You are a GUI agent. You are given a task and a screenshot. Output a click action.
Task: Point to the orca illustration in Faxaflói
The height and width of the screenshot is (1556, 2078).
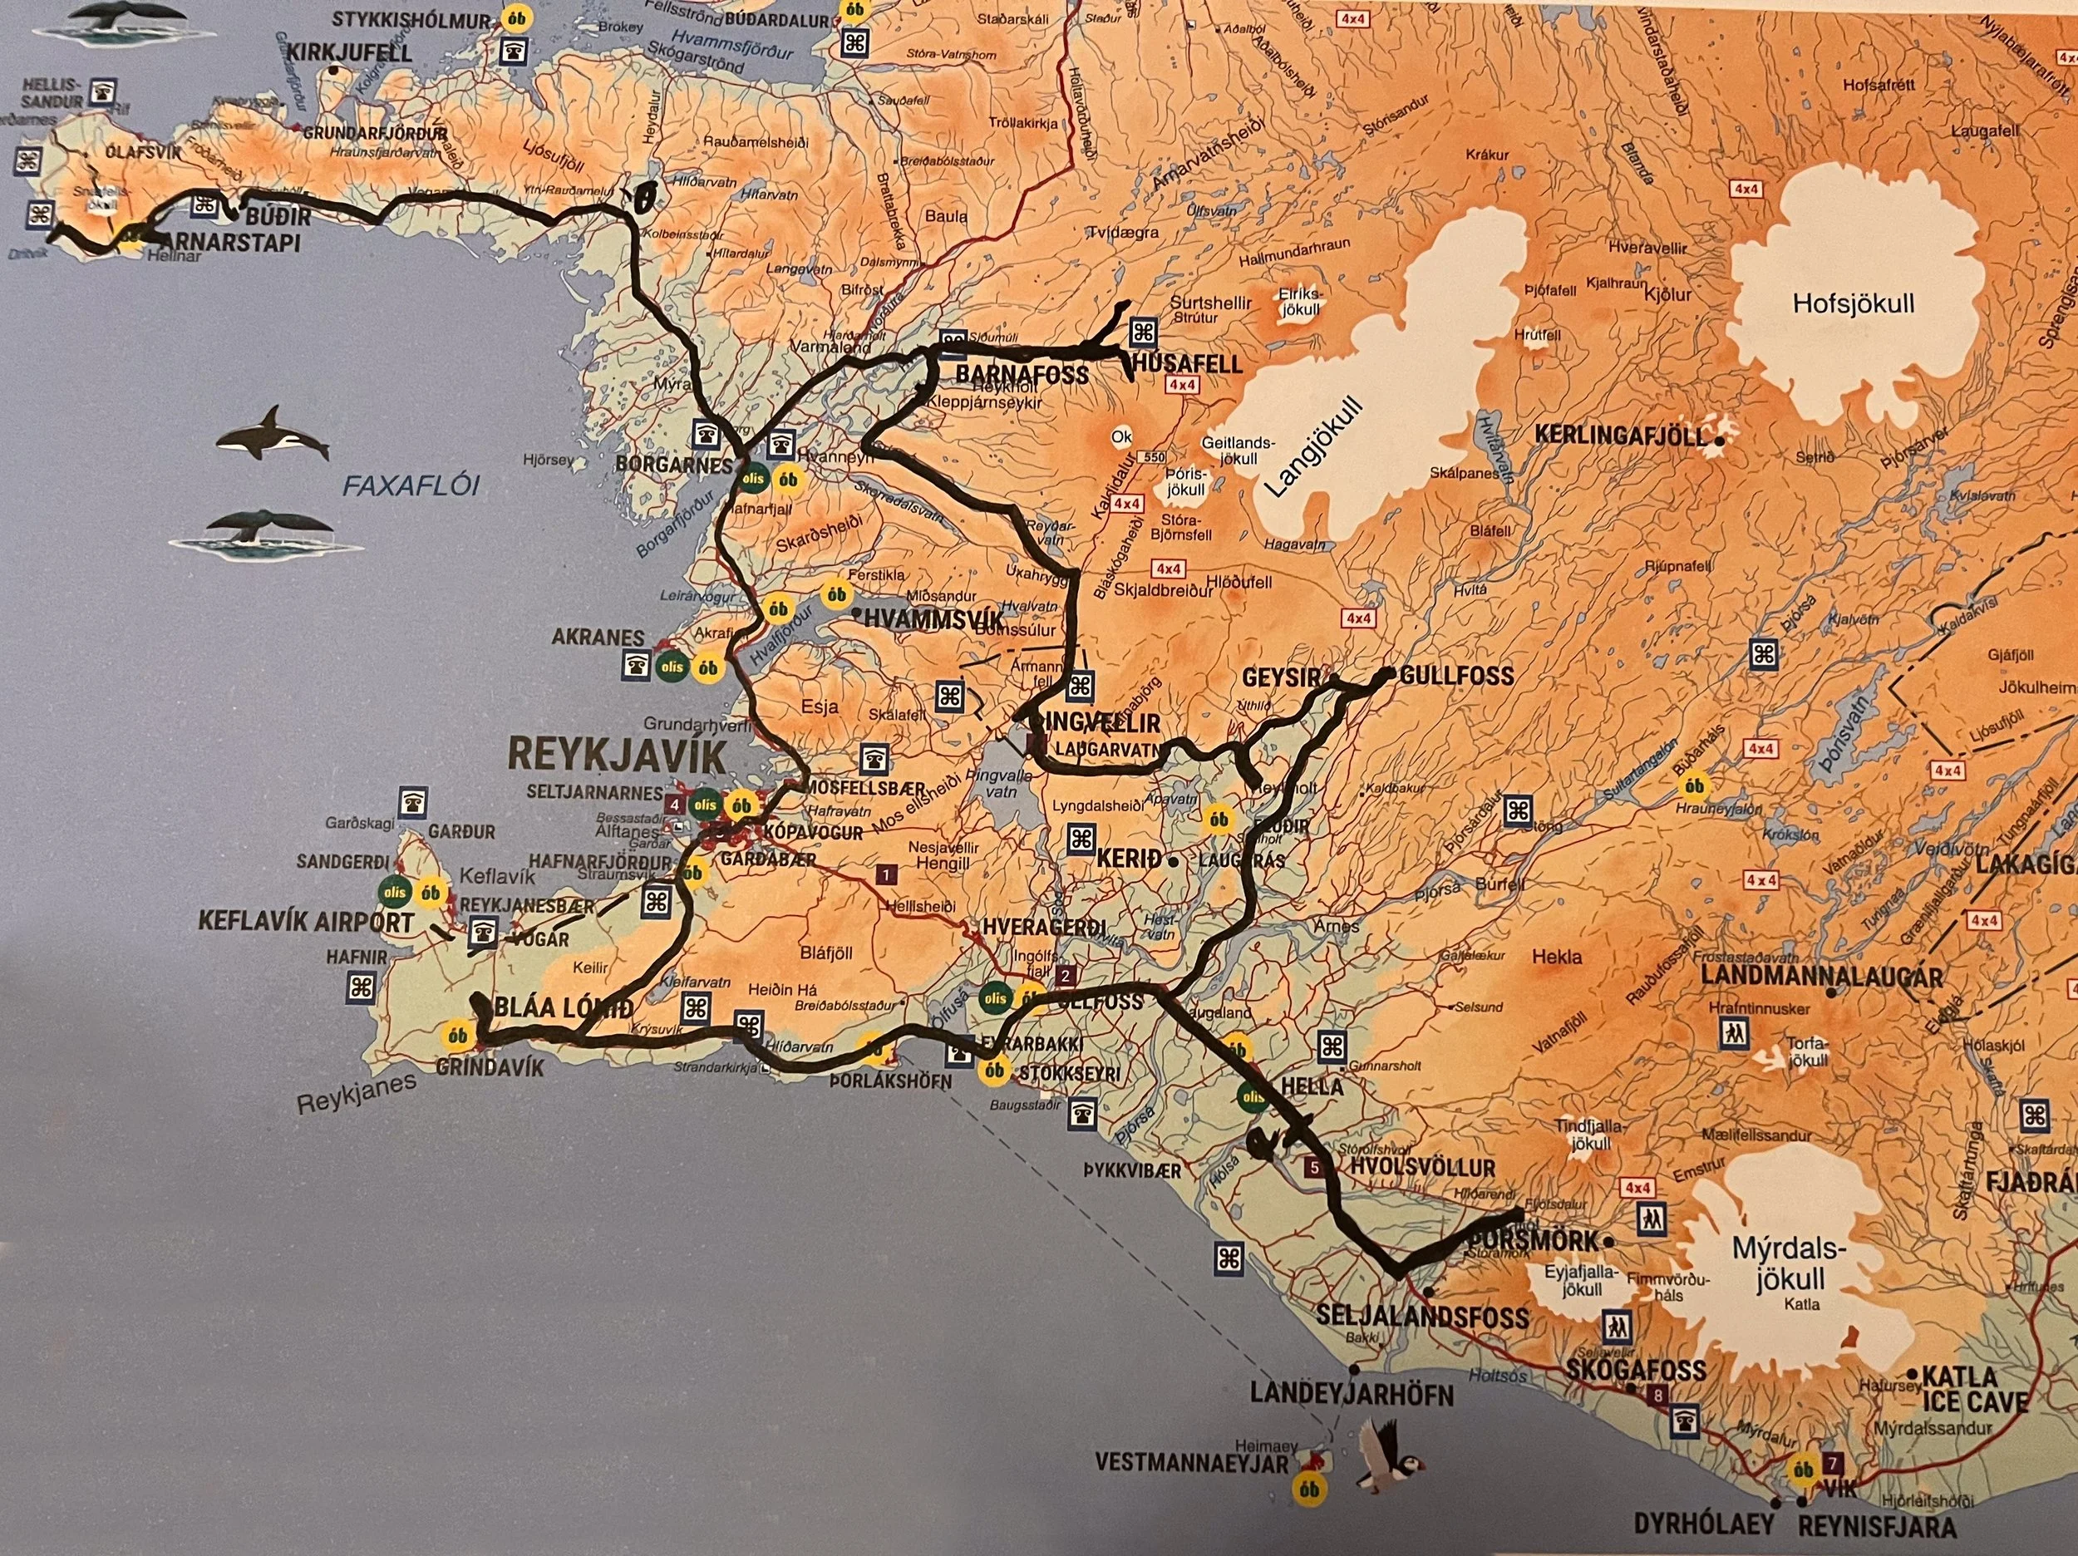(273, 433)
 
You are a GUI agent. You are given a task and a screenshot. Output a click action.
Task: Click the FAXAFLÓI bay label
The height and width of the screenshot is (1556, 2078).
(411, 485)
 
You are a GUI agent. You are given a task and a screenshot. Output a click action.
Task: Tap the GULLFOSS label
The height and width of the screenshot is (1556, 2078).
(1456, 676)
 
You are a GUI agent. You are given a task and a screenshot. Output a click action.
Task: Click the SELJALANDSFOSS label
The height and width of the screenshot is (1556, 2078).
(1424, 1317)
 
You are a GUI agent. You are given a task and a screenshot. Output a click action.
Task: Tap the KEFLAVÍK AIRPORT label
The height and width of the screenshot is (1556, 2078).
(306, 922)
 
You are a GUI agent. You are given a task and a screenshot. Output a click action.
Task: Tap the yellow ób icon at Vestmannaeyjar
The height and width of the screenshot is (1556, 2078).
(1308, 1490)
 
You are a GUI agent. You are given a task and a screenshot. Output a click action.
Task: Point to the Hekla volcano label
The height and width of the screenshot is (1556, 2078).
(1557, 958)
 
